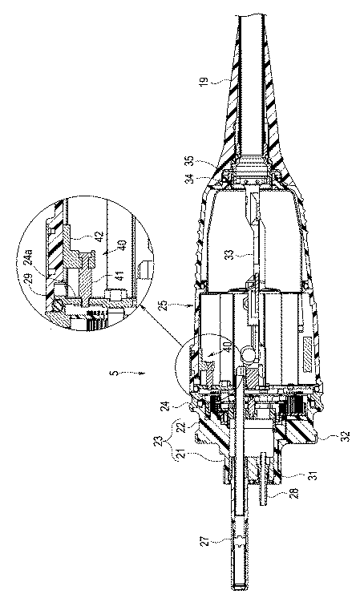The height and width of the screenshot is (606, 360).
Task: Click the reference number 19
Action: (x=204, y=82)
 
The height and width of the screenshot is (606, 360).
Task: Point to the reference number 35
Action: (x=189, y=160)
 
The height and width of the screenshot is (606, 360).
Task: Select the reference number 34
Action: (x=189, y=179)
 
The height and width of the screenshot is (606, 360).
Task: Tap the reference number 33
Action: (x=230, y=255)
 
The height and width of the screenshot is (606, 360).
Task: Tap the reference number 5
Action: (x=111, y=374)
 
